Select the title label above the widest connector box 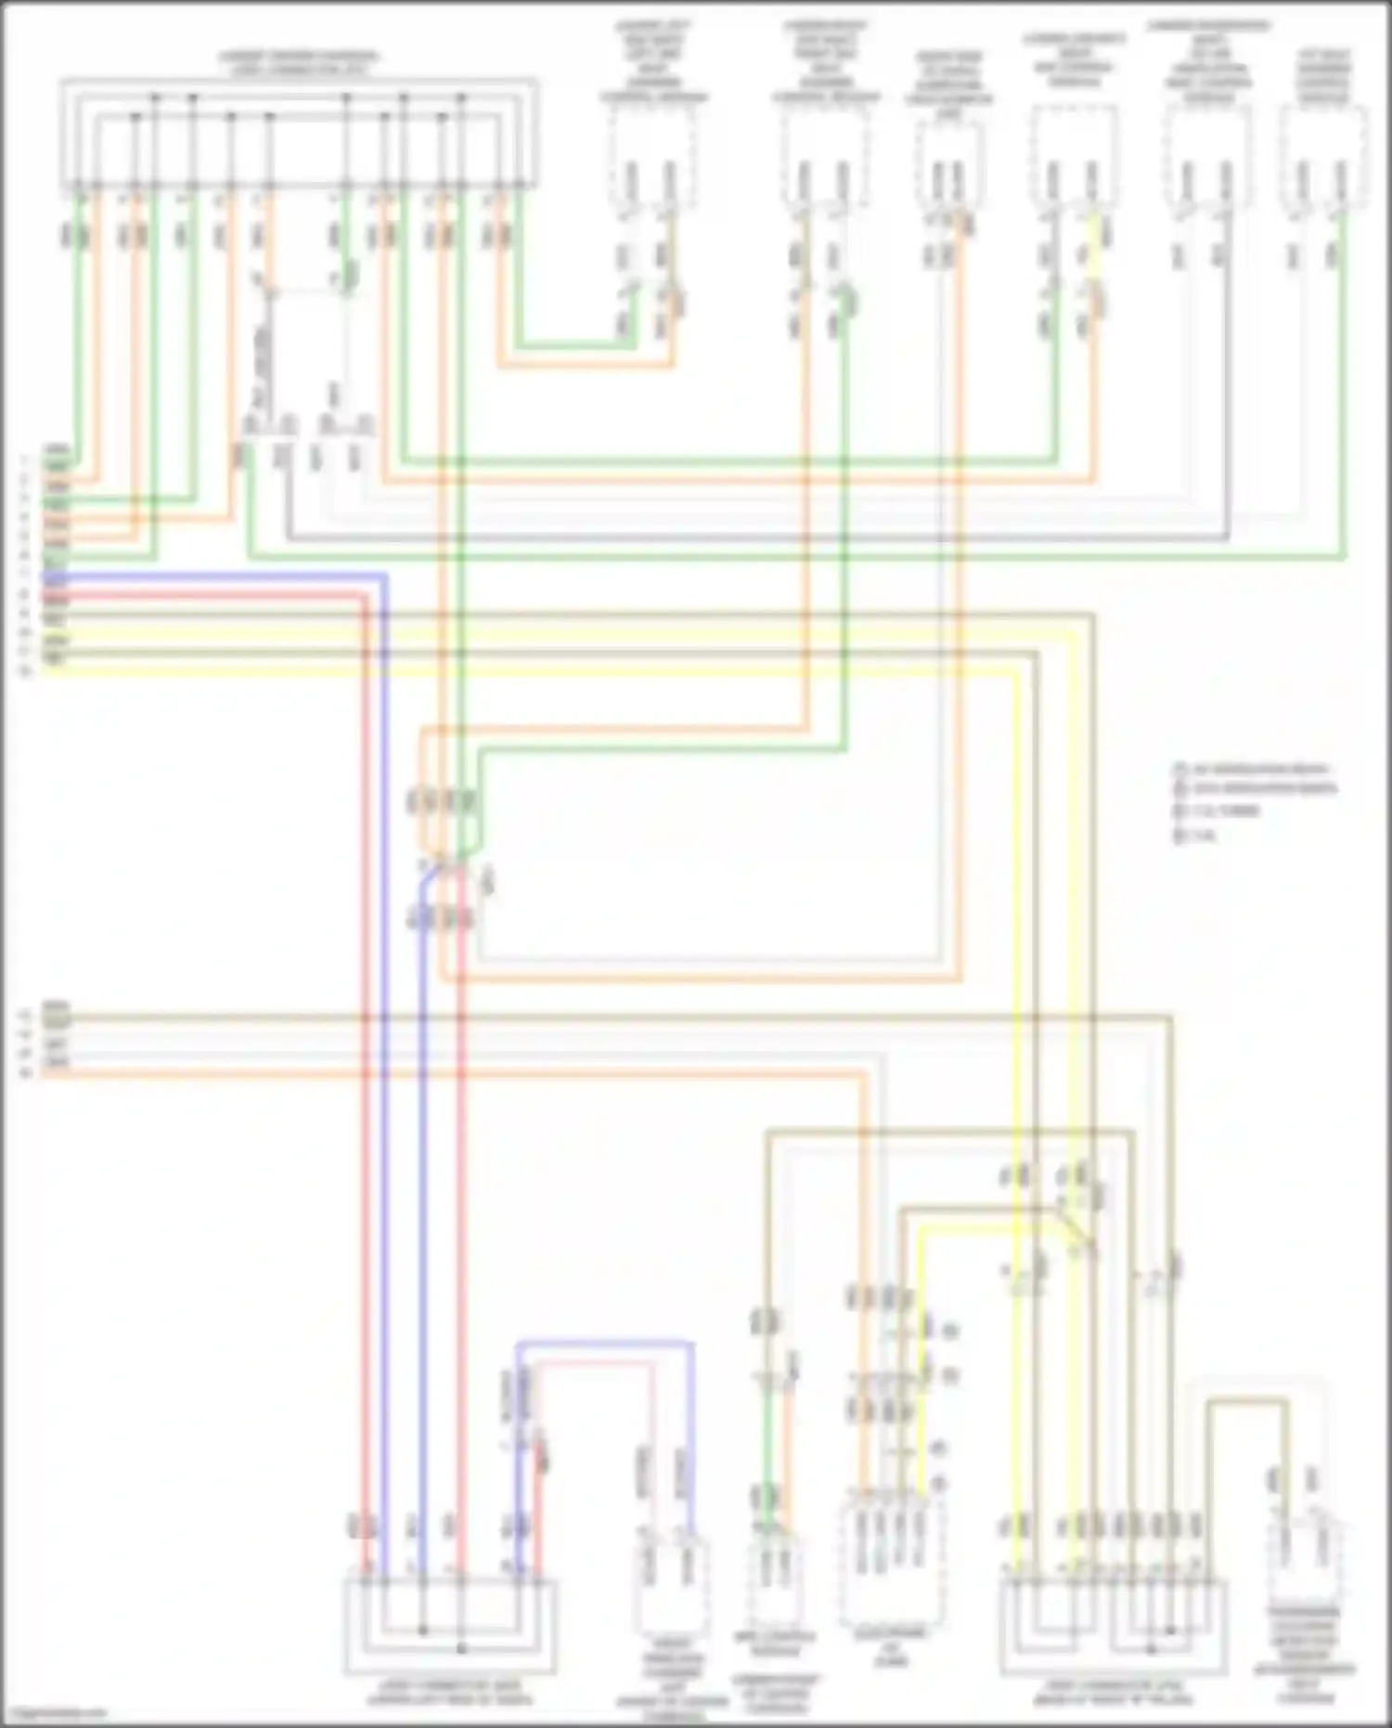click(x=299, y=62)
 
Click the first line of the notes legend click(x=1253, y=770)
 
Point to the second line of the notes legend click(x=1257, y=790)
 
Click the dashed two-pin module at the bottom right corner click(x=1307, y=1565)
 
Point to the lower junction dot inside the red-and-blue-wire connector click(x=461, y=1649)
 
